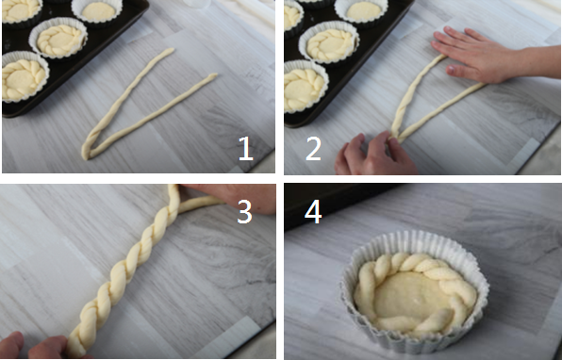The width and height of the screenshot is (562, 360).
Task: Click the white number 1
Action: click(246, 148)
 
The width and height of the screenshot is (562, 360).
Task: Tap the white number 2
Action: click(313, 148)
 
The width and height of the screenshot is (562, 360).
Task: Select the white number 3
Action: click(245, 211)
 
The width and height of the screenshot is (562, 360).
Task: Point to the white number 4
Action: click(313, 211)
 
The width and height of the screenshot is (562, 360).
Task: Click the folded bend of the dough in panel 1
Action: click(86, 154)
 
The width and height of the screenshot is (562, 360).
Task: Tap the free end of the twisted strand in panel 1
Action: click(172, 50)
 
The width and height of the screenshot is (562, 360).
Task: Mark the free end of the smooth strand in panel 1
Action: click(214, 75)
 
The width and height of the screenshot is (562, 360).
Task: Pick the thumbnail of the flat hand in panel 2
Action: click(452, 70)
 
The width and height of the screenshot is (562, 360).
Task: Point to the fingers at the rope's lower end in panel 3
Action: click(36, 347)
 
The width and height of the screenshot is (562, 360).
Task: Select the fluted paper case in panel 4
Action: click(414, 290)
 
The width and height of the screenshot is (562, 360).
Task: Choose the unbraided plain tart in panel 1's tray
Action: click(97, 11)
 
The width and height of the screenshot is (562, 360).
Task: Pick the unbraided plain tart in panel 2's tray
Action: click(362, 10)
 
